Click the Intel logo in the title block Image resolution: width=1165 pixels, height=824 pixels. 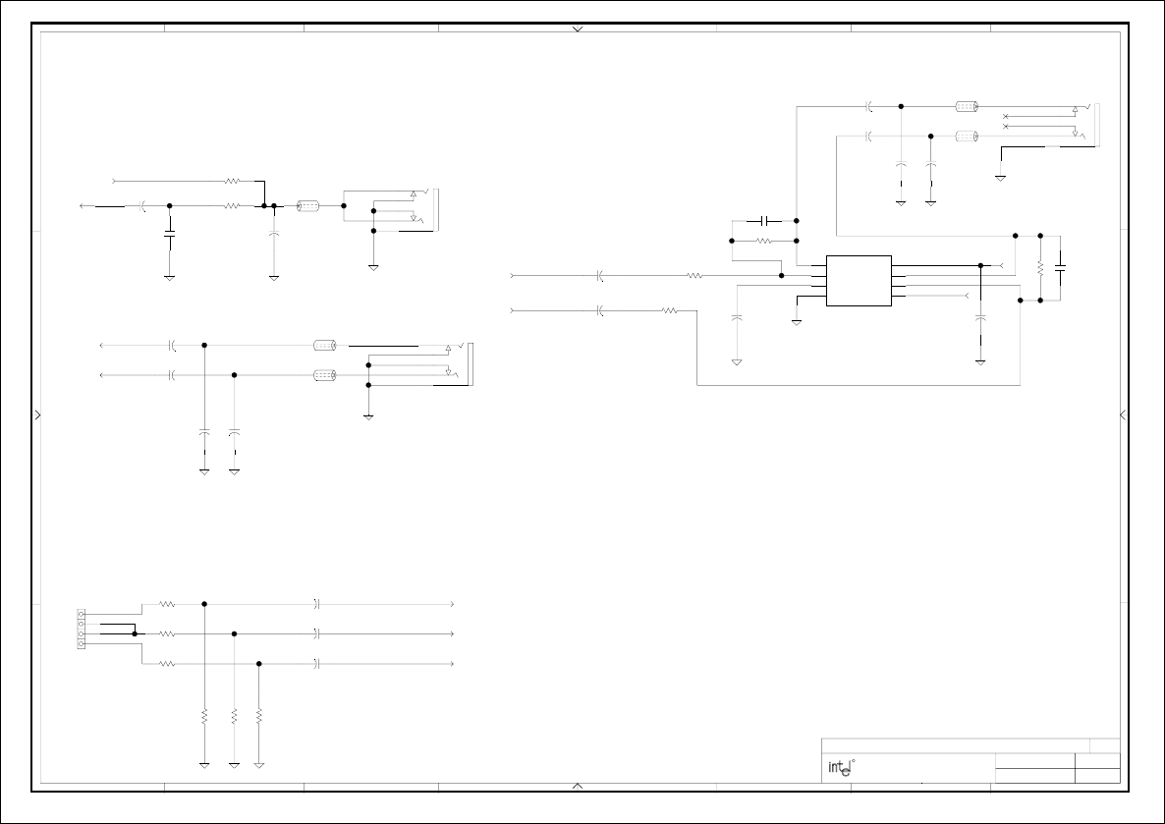[837, 768]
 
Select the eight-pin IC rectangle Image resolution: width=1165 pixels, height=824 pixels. [859, 281]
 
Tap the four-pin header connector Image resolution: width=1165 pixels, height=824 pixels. [82, 630]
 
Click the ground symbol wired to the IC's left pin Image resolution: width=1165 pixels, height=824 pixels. [797, 321]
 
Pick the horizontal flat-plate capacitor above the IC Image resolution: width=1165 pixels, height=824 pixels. [764, 221]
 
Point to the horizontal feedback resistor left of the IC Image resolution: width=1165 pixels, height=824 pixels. [765, 241]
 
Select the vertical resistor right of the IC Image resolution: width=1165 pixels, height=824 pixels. [1039, 268]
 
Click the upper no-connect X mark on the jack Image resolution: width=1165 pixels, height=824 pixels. [1005, 118]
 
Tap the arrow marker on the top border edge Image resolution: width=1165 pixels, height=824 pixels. [578, 29]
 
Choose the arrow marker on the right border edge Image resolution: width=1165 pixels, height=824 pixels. [1124, 414]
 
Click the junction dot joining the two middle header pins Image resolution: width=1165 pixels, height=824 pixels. [135, 634]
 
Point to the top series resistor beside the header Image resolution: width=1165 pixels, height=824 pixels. [167, 604]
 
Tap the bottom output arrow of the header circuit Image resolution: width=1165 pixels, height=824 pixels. [451, 664]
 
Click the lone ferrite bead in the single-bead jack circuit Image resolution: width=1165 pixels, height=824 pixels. [307, 206]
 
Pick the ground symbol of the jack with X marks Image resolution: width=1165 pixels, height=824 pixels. [1000, 178]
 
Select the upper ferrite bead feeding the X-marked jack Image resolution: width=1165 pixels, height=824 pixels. [965, 106]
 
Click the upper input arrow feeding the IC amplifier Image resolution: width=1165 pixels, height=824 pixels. [514, 276]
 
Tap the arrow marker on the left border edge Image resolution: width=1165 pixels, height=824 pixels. [38, 414]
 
